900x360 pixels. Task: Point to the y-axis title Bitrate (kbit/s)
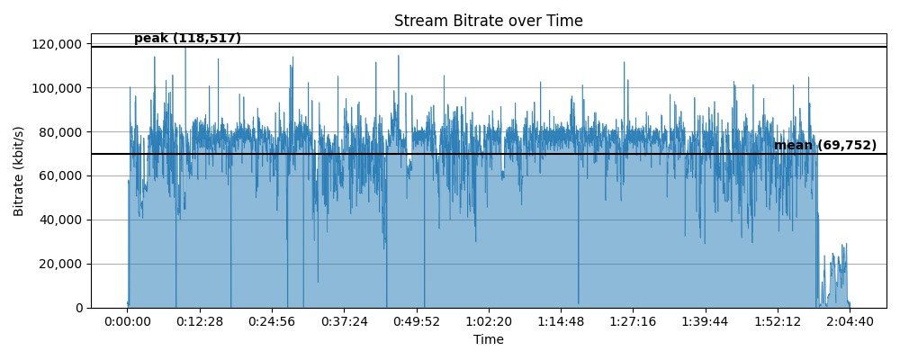(x=19, y=175)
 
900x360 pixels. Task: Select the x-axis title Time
(x=489, y=339)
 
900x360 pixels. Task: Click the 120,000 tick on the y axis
(x=58, y=44)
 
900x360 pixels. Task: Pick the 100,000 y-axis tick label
(x=58, y=88)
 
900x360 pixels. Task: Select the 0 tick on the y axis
(x=78, y=308)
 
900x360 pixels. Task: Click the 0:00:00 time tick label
(x=128, y=321)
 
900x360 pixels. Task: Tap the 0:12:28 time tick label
(x=200, y=321)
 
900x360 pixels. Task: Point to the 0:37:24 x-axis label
(x=344, y=321)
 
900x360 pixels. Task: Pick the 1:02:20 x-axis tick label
(x=489, y=321)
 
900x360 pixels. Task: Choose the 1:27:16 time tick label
(x=633, y=321)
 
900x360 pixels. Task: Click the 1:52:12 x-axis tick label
(x=777, y=321)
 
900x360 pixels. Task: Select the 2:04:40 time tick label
(x=849, y=321)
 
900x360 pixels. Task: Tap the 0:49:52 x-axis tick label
(x=416, y=321)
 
